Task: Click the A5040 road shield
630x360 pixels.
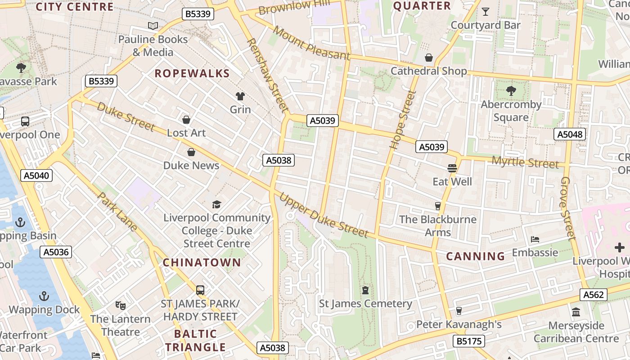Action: point(36,175)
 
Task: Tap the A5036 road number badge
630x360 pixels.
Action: point(56,252)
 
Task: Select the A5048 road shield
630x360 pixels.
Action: point(570,134)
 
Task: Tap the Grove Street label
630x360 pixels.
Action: point(568,208)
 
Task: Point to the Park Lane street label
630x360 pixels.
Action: point(117,212)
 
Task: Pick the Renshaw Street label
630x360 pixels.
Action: point(267,75)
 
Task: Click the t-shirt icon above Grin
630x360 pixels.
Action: point(240,96)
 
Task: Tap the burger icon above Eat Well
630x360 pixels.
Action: point(452,168)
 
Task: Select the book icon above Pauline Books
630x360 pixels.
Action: point(153,26)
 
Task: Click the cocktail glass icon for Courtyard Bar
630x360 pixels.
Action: point(486,12)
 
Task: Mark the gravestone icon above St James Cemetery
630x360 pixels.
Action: point(365,290)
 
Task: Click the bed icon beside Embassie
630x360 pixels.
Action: point(535,239)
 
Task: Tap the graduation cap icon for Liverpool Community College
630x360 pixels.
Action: point(217,204)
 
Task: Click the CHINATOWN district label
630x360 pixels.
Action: point(202,262)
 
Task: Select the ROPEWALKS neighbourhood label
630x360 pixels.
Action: point(192,73)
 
